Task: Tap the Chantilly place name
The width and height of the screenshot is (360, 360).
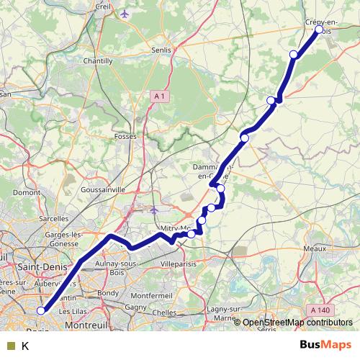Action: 99,61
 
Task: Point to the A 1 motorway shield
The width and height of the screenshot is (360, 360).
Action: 160,96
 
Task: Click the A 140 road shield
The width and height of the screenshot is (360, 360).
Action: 321,310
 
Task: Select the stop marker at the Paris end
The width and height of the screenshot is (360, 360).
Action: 41,311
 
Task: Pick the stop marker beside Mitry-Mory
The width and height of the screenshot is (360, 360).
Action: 192,233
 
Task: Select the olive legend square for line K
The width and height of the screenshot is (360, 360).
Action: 11,346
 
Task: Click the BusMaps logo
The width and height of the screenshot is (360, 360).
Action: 325,345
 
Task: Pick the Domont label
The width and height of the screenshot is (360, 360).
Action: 26,192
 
